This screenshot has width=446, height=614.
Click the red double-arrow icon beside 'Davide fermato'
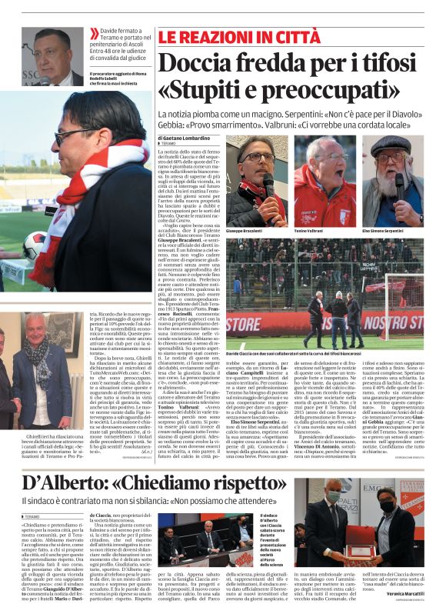pyautogui.click(x=95, y=32)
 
